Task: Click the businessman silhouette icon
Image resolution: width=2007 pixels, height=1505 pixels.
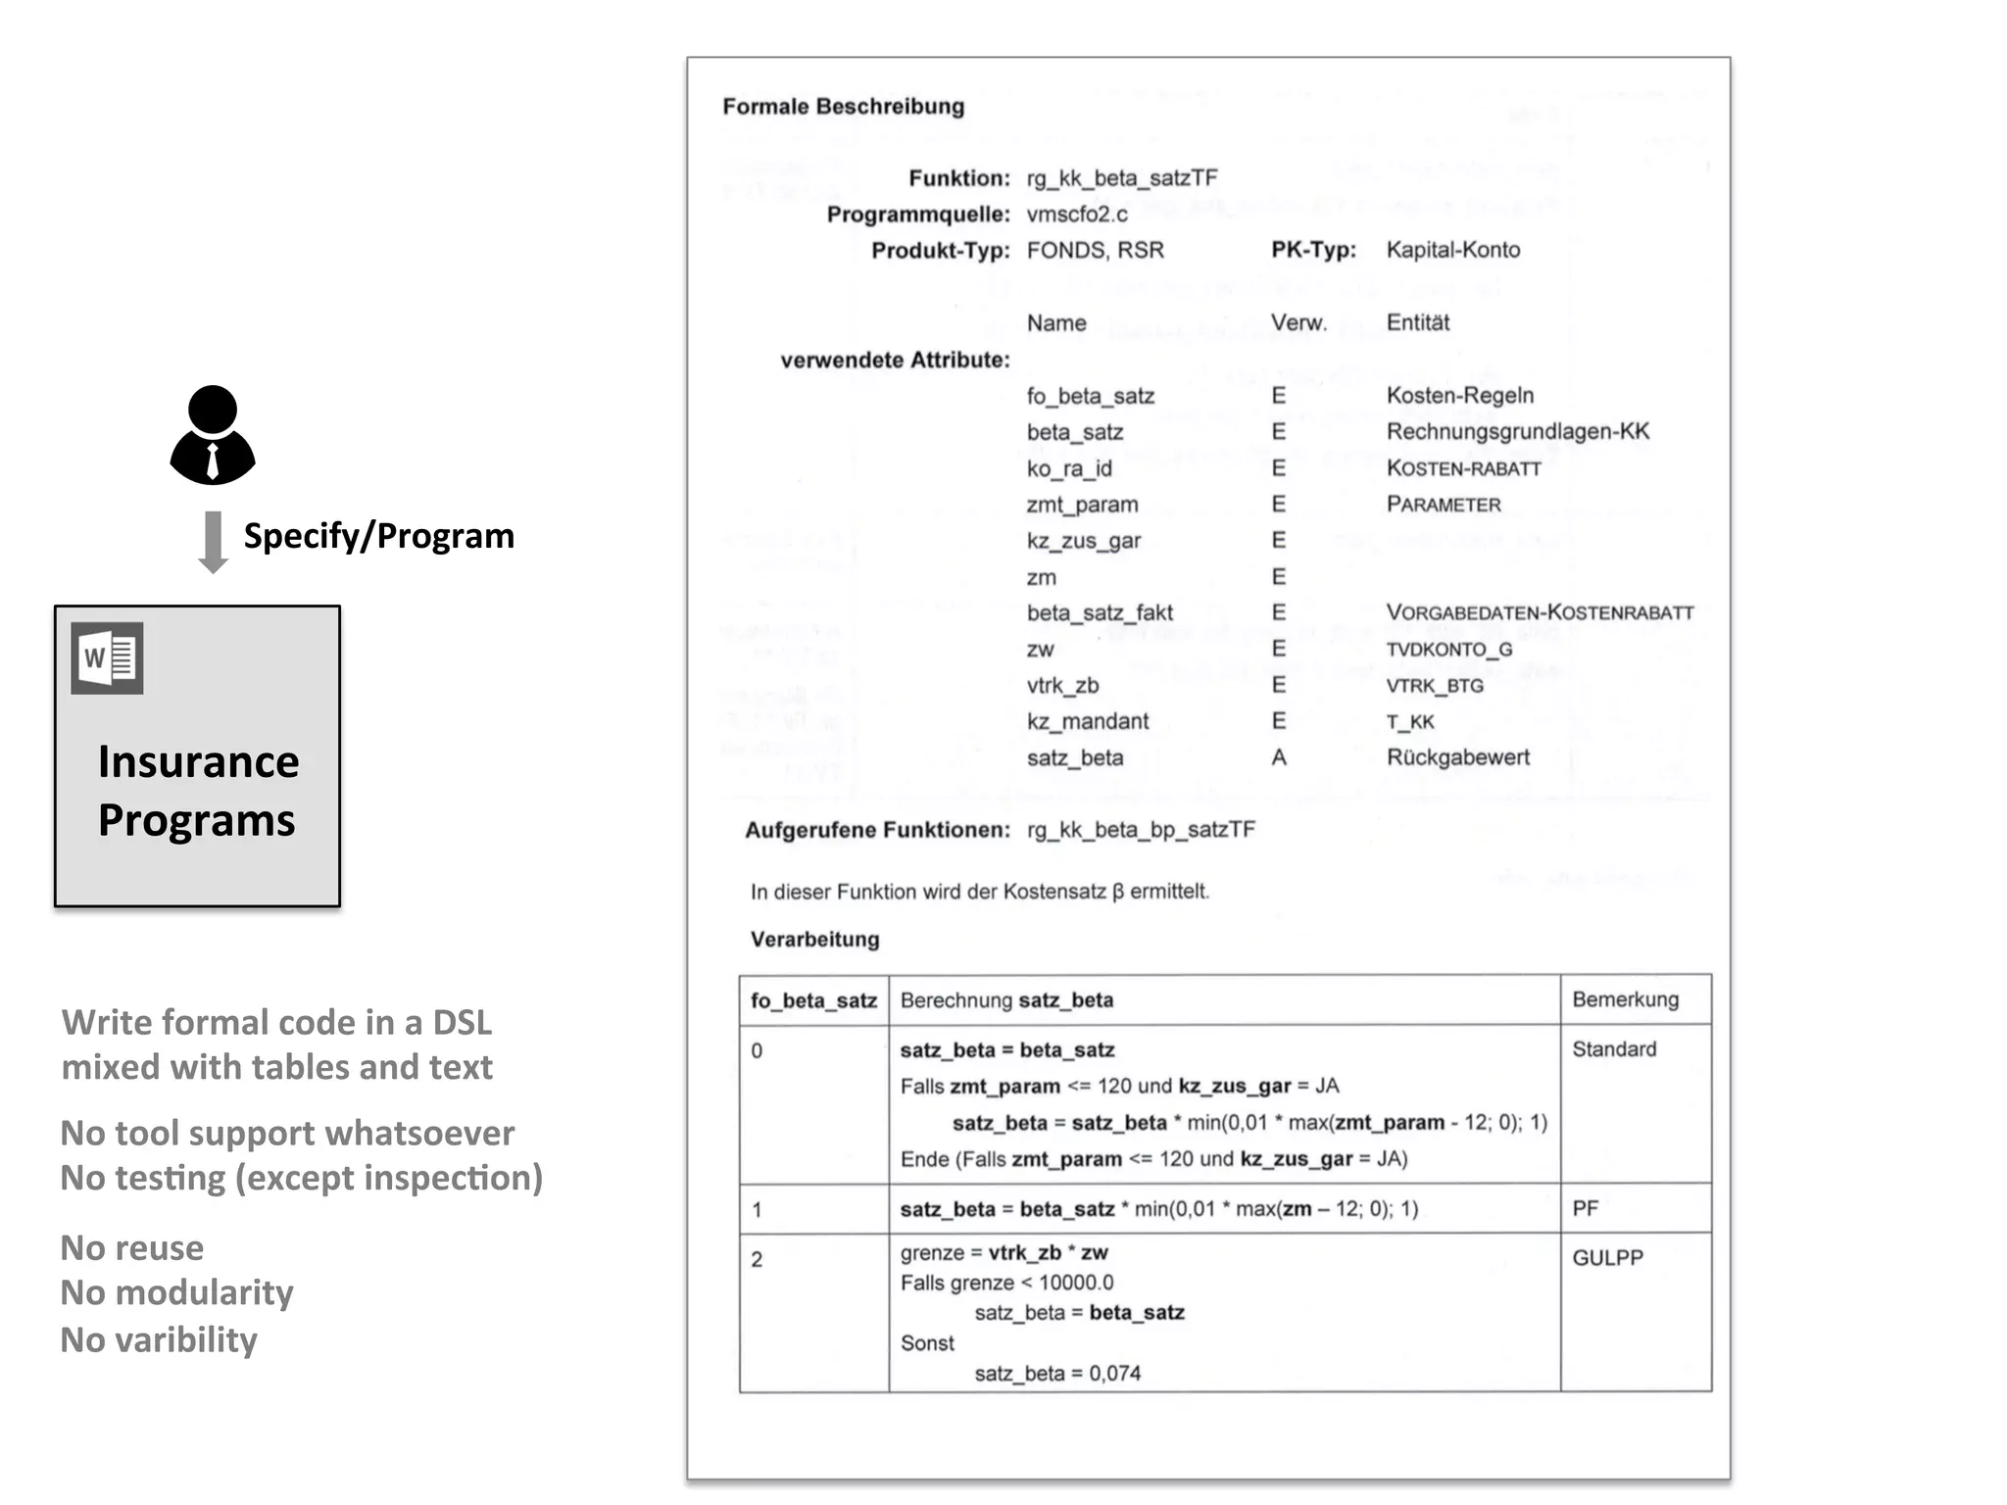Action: (x=213, y=435)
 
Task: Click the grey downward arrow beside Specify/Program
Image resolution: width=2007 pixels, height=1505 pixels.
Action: (x=213, y=542)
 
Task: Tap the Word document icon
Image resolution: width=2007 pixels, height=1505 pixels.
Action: (x=108, y=658)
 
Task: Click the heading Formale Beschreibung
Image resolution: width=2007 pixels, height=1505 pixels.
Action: (x=843, y=107)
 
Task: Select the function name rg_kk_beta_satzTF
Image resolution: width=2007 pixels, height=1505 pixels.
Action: (x=1122, y=178)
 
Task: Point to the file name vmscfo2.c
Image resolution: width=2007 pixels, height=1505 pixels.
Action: (x=1077, y=215)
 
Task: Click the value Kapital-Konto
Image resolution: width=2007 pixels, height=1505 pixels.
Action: (x=1452, y=250)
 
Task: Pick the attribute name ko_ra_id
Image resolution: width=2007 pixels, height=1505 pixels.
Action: (x=1069, y=468)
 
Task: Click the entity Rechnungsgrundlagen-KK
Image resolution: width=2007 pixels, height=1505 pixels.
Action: (x=1517, y=432)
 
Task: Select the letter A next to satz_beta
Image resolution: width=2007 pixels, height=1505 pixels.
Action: (x=1279, y=757)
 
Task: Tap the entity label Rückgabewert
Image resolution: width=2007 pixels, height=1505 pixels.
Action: (x=1457, y=757)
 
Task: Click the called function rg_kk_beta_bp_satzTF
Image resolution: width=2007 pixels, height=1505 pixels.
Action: (x=1141, y=830)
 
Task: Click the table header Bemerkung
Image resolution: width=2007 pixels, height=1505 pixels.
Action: (x=1625, y=999)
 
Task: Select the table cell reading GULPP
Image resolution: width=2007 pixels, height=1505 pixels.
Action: (x=1607, y=1258)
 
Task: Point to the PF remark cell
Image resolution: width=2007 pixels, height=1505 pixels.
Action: (x=1586, y=1208)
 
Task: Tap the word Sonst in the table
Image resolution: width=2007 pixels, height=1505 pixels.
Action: (x=927, y=1343)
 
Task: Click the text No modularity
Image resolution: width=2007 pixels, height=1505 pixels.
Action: (x=177, y=1292)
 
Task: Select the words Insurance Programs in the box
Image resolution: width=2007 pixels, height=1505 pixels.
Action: (x=198, y=790)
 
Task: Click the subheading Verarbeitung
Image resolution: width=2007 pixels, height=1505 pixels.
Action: (x=814, y=940)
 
